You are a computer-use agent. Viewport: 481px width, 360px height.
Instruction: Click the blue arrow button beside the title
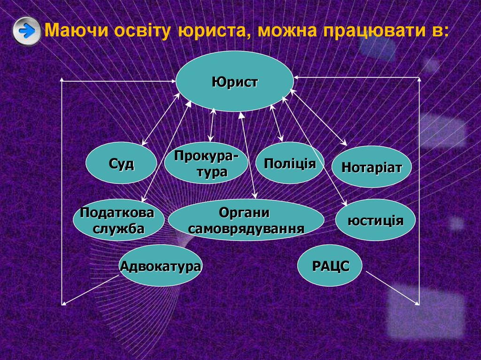(x=27, y=31)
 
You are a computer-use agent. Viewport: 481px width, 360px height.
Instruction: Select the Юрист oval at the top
(x=234, y=82)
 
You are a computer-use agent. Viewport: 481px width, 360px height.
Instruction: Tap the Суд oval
(x=121, y=163)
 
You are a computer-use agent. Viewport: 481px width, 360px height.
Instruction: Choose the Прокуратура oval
(x=206, y=163)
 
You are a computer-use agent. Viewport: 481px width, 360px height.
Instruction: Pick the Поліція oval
(x=290, y=163)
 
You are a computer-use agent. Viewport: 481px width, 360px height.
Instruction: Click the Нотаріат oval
(x=372, y=167)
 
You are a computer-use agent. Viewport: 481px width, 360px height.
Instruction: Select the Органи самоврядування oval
(x=246, y=220)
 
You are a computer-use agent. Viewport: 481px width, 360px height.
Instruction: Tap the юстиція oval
(x=375, y=220)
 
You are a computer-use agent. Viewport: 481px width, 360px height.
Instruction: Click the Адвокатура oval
(x=160, y=266)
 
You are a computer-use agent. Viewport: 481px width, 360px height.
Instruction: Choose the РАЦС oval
(x=331, y=266)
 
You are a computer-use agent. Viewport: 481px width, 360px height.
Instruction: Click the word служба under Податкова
(x=118, y=229)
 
